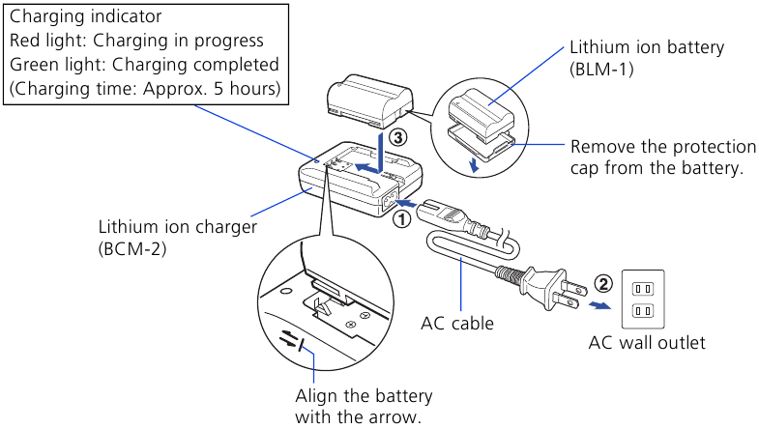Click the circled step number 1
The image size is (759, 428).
tap(400, 218)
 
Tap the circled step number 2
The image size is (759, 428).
tap(602, 284)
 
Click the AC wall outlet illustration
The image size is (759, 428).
tap(642, 299)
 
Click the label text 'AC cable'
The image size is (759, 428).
tap(458, 324)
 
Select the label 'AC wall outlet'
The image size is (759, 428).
tap(648, 343)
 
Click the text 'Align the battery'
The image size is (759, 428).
tap(364, 397)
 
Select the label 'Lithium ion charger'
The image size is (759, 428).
tap(177, 227)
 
